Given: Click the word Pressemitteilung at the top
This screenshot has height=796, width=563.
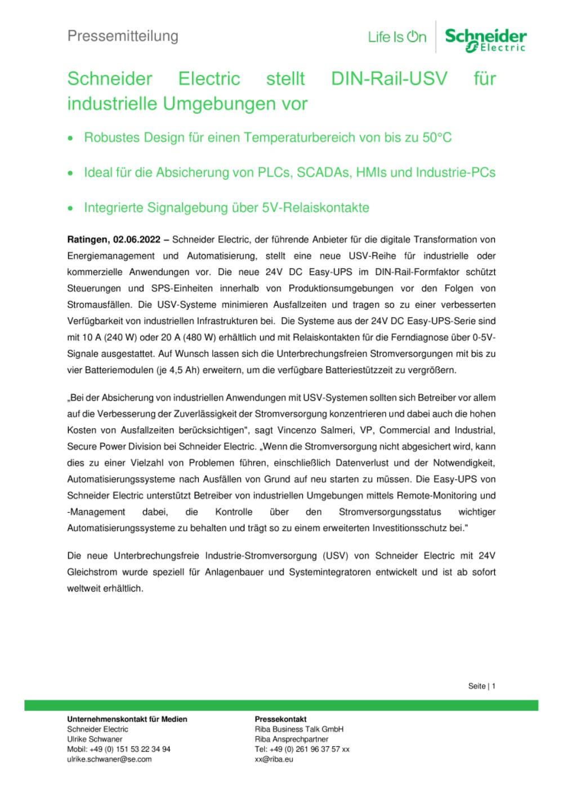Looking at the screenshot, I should click(x=123, y=36).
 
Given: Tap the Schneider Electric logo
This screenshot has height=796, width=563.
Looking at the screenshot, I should click(x=485, y=40).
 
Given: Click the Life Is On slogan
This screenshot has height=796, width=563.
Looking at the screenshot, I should click(x=397, y=38).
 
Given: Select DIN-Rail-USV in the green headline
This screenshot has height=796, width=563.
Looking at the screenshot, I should click(x=389, y=78).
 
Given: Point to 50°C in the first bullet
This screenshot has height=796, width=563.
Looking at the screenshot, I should click(x=437, y=137).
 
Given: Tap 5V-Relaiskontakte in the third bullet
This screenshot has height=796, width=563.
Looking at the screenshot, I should click(x=315, y=208).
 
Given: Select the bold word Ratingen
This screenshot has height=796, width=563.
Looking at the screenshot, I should click(x=87, y=239).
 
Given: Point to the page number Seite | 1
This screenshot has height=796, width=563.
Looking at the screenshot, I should click(x=481, y=686).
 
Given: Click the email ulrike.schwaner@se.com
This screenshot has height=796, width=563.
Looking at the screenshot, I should click(x=109, y=759).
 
